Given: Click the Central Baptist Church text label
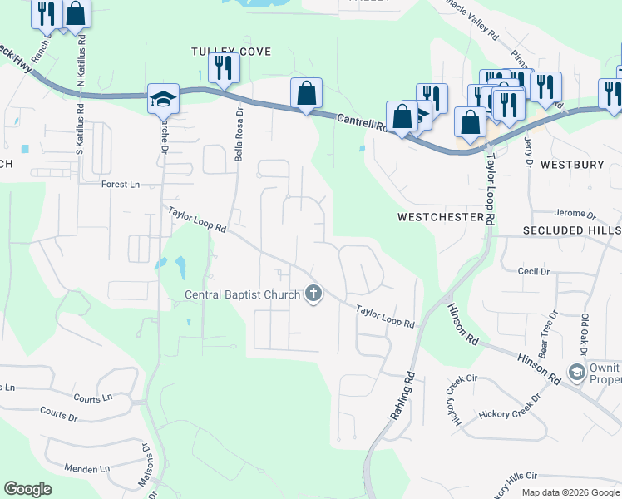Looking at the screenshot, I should pyautogui.click(x=242, y=294).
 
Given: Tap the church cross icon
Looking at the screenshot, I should pyautogui.click(x=313, y=294).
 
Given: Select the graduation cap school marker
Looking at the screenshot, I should pyautogui.click(x=163, y=99).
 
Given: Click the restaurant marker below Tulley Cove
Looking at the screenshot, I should pyautogui.click(x=224, y=67).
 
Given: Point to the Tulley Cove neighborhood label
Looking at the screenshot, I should pyautogui.click(x=232, y=52).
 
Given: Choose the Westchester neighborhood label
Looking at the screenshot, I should pyautogui.click(x=440, y=217).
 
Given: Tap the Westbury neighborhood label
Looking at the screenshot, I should pyautogui.click(x=572, y=165).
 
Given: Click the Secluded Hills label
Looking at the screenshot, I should pyautogui.click(x=571, y=230).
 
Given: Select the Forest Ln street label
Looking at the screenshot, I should pyautogui.click(x=120, y=185).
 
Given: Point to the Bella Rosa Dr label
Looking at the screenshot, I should pyautogui.click(x=238, y=134).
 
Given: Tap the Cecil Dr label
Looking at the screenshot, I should pyautogui.click(x=534, y=272).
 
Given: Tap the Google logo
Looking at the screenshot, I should pyautogui.click(x=27, y=488).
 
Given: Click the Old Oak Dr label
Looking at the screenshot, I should pyautogui.click(x=585, y=330).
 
